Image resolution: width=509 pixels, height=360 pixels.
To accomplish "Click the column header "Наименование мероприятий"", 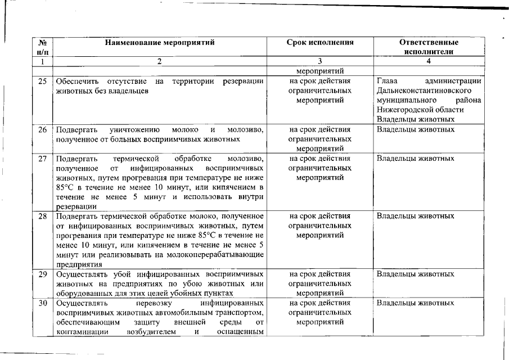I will point(159,42).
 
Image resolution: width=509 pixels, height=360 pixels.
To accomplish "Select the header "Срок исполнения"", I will point(320,42).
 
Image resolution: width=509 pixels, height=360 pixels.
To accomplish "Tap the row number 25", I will point(42,81).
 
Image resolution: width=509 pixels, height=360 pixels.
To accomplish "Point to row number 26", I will point(42,129).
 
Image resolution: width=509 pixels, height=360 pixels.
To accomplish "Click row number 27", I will point(42,159).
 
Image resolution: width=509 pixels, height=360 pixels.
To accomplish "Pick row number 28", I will point(42,216).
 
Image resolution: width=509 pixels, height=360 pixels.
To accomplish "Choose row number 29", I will point(42,274).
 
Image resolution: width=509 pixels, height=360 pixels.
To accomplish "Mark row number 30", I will point(42,303).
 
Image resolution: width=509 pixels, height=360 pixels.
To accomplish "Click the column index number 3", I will point(320,61).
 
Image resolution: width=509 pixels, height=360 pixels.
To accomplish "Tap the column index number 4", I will point(429,61).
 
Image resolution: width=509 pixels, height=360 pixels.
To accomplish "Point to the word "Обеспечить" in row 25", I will point(78,81).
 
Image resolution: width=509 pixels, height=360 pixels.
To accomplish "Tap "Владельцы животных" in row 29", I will point(415,274).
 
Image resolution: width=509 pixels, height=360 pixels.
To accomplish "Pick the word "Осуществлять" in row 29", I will point(82,274).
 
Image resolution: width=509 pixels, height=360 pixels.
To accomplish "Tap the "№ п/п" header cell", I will point(42,47).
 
